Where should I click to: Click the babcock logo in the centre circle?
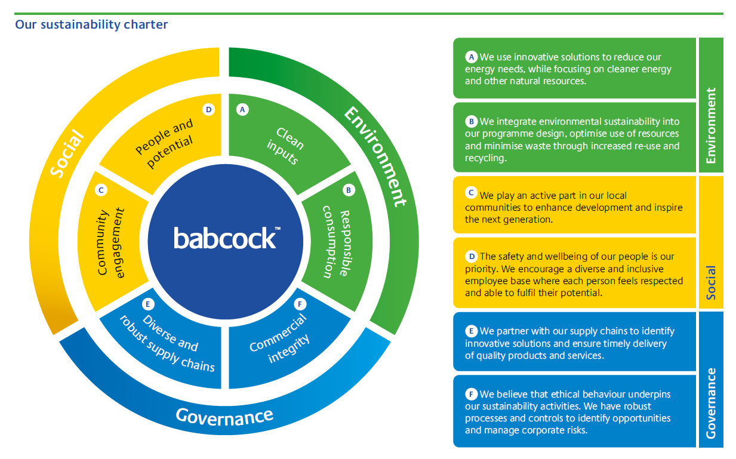click(227, 238)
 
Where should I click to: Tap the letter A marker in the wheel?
click(242, 109)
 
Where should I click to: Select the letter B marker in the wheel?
click(349, 190)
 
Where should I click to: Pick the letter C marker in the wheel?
click(101, 190)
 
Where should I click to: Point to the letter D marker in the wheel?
click(209, 109)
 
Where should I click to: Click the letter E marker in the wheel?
click(148, 304)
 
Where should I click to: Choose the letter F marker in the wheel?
click(300, 304)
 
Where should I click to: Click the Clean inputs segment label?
click(285, 146)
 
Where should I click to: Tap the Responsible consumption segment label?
click(337, 242)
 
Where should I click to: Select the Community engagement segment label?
click(111, 242)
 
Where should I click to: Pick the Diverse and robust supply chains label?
click(168, 343)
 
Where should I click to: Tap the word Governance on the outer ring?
click(224, 417)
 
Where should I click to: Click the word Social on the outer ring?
click(67, 153)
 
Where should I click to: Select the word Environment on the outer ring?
click(375, 156)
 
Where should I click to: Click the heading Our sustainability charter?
click(91, 24)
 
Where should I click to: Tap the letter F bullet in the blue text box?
click(471, 394)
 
